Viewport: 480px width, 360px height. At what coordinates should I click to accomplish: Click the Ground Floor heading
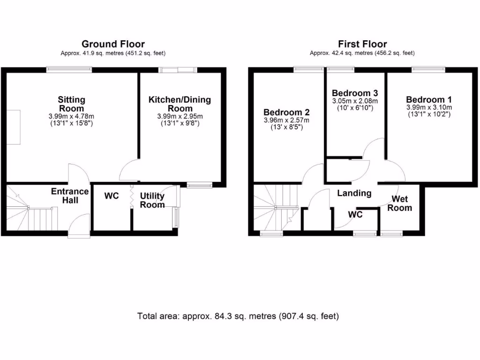coord(113,44)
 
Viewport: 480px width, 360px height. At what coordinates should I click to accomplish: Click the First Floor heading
coord(362,44)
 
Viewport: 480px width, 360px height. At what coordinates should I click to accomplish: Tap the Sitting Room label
coord(72,104)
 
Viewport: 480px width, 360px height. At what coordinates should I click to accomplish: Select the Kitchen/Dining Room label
coord(180,104)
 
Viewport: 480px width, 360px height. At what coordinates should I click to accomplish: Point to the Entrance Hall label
coord(69,195)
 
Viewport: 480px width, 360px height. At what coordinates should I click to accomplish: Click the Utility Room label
coord(152,200)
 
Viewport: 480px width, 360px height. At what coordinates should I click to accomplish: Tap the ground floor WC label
coord(111,196)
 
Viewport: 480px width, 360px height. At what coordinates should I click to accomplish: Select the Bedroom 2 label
coord(286,112)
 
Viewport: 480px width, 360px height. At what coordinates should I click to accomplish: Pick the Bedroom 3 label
coord(354,93)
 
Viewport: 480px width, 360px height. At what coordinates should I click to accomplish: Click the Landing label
coord(354,193)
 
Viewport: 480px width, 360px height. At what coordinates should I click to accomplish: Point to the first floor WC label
coord(356,215)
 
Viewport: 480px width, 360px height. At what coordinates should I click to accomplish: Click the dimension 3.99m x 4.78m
coord(72,117)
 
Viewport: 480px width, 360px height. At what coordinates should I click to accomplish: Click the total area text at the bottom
coord(238,316)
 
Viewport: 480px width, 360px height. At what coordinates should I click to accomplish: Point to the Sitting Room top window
coord(69,70)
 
